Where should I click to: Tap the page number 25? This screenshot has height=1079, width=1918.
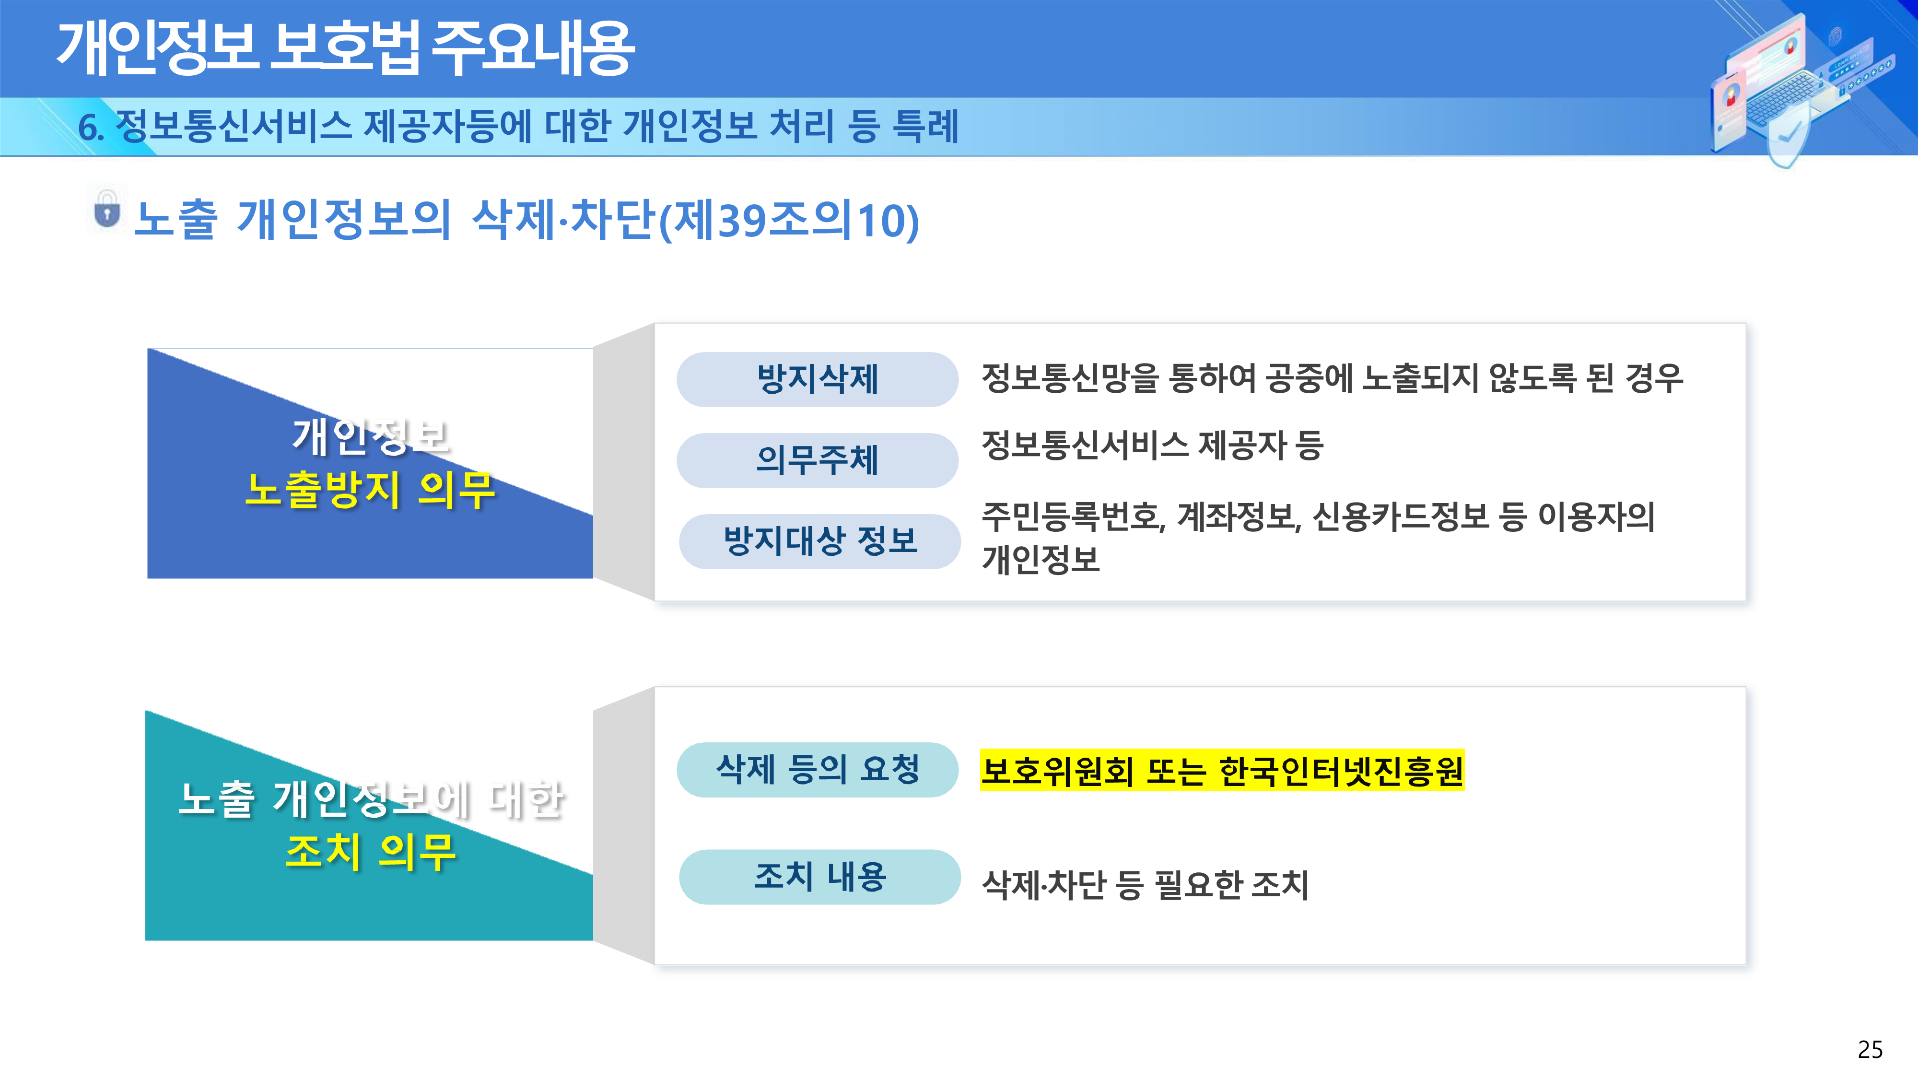[1870, 1049]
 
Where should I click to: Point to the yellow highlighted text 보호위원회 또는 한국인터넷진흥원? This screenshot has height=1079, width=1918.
[1222, 770]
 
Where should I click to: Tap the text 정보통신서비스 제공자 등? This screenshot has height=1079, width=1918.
[1152, 446]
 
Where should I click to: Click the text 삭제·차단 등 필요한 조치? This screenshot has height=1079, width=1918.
[1145, 885]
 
